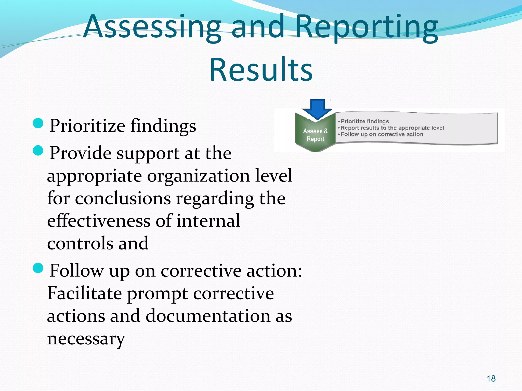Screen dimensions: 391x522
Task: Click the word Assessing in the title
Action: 152,27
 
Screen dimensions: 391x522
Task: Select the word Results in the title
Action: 261,70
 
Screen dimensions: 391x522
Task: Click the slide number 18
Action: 491,379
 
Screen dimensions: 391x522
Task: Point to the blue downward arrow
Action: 317,109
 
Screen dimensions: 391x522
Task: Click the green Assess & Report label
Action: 315,135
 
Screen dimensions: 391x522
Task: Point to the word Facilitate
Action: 84,293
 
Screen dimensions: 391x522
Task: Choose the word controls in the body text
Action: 80,243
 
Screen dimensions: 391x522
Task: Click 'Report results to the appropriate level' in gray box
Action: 392,128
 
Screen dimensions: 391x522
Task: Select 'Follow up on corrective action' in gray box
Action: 382,134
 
